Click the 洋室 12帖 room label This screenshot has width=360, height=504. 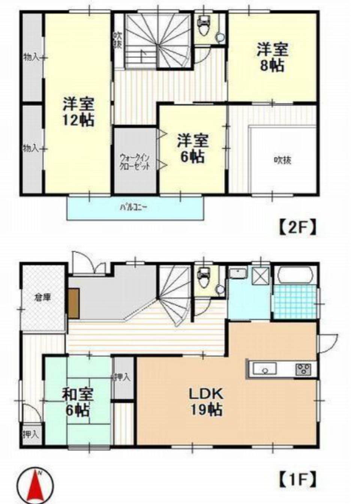[x=78, y=111]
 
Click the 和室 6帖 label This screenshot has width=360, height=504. [x=78, y=402]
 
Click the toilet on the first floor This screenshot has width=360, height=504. [x=204, y=278]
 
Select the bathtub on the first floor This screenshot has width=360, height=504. [x=295, y=275]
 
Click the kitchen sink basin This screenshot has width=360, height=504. [x=265, y=369]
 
